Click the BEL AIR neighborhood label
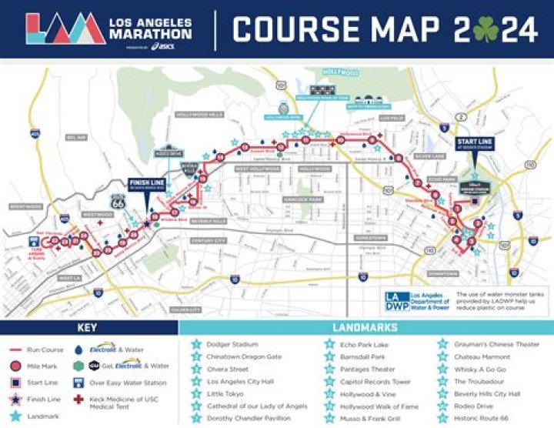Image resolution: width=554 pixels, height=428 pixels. coord(75,137)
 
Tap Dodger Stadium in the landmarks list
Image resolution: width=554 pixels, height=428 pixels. coord(232,344)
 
